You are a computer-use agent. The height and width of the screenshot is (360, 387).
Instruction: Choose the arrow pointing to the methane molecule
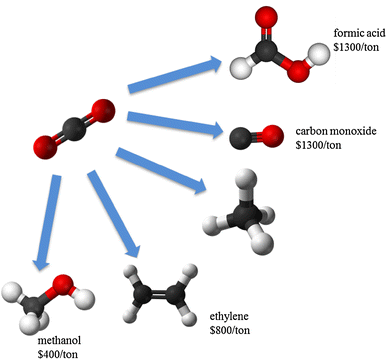160,167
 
